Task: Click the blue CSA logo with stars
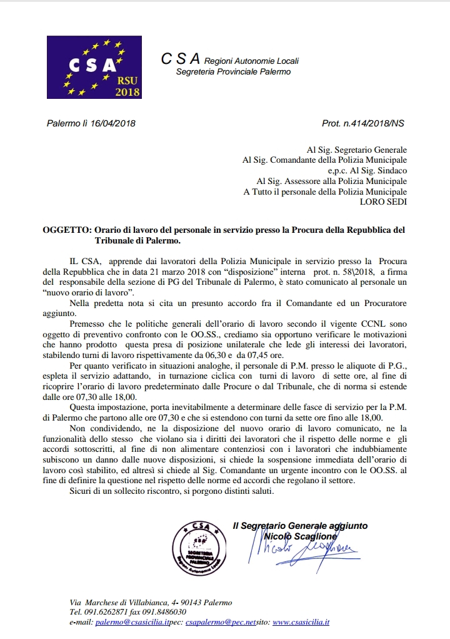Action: [94, 68]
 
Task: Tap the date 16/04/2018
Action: [114, 123]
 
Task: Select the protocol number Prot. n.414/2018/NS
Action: [362, 123]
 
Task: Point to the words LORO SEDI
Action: [383, 202]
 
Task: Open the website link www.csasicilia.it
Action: [301, 623]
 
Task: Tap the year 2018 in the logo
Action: [127, 92]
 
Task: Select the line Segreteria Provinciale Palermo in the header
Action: [233, 72]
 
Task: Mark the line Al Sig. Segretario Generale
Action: [357, 150]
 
